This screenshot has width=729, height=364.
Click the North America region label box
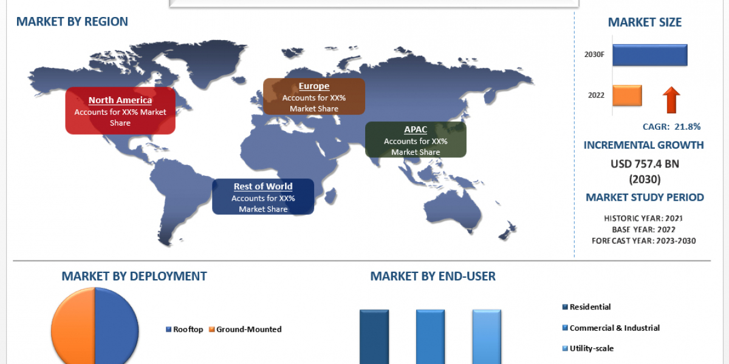[120, 111]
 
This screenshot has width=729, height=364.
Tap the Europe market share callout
[314, 96]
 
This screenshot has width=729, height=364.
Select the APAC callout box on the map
[416, 140]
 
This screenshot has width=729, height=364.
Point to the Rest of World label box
[263, 197]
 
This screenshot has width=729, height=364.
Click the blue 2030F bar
[650, 55]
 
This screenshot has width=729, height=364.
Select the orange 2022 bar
[627, 96]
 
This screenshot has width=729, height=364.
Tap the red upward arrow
[671, 100]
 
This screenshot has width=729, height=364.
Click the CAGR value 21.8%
[687, 127]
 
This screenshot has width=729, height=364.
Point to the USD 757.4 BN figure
[645, 164]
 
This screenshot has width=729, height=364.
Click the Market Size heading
[645, 22]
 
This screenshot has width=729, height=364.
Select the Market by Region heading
[72, 21]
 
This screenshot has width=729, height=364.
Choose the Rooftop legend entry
[184, 329]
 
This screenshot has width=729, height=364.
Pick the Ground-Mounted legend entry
[245, 329]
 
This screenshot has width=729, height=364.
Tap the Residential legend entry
[586, 307]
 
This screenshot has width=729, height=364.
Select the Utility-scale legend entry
[588, 348]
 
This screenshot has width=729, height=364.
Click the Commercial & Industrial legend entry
[611, 328]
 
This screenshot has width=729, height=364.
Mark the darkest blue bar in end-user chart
[374, 337]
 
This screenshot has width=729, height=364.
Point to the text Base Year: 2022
[643, 229]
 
